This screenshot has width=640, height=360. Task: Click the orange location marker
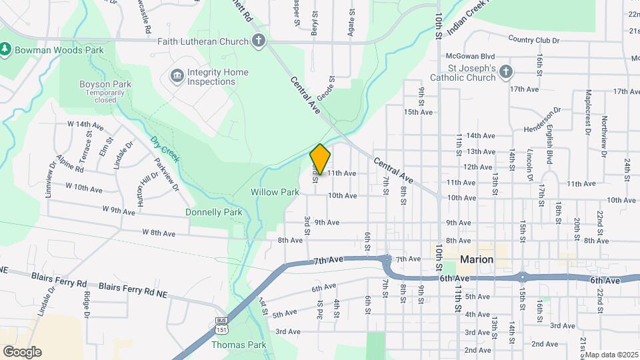(320, 159)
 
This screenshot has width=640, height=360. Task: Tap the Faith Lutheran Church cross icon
(258, 41)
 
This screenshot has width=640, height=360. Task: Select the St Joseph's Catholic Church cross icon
(506, 72)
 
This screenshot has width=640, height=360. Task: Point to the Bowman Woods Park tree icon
(5, 49)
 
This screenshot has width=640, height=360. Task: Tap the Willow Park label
(275, 192)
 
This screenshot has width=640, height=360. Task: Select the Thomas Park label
(238, 345)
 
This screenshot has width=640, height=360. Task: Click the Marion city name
(477, 259)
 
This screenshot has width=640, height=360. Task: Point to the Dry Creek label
(165, 149)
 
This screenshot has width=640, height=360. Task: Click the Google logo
(22, 352)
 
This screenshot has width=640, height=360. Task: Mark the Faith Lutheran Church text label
(203, 41)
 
